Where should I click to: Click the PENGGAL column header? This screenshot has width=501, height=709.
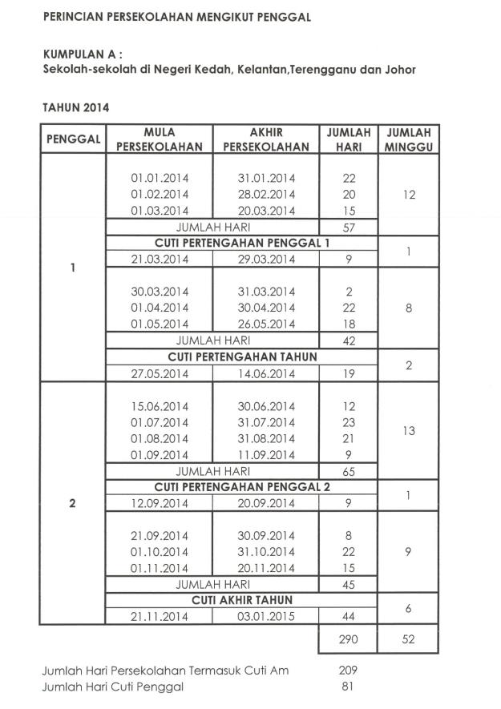73,139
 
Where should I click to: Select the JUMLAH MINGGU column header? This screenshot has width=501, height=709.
409,139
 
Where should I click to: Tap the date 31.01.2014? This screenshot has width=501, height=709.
266,178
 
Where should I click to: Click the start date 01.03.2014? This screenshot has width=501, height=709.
160,211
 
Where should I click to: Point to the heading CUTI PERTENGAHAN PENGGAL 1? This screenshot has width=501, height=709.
231,243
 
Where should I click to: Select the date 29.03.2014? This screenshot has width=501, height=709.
266,259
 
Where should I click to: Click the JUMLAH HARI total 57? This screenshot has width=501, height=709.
348,227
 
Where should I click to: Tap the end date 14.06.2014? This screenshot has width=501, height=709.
266,373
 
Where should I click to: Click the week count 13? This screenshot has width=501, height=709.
409,430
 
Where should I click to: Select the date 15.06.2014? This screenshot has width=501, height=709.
160,406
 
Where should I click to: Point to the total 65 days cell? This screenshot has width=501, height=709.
348,471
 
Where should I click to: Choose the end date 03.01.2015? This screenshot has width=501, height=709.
266,616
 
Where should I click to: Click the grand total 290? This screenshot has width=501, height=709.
348,641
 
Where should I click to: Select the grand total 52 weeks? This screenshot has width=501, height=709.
409,641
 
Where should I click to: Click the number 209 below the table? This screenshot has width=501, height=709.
348,670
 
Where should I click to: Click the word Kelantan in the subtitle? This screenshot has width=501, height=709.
261,70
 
